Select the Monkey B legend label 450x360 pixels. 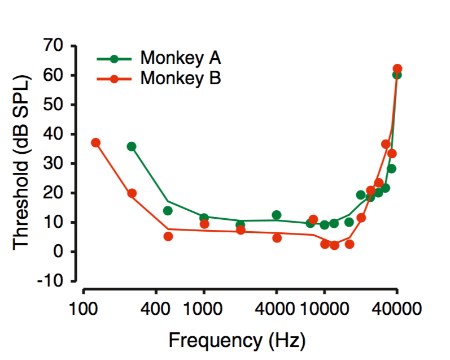(181, 78)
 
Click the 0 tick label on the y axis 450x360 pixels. (67, 251)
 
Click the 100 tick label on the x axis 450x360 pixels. (84, 309)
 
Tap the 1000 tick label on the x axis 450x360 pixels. (203, 309)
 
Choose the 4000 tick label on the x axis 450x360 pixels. (276, 309)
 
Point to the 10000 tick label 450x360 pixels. (324, 309)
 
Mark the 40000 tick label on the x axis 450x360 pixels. (397, 309)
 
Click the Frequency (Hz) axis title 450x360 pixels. (237, 341)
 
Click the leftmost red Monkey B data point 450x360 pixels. (95, 142)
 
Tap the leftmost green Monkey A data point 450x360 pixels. (132, 146)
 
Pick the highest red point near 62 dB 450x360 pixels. (397, 69)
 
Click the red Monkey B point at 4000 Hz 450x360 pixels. (277, 238)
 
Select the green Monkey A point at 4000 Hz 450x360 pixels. (277, 215)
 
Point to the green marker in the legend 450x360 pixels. (114, 58)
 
